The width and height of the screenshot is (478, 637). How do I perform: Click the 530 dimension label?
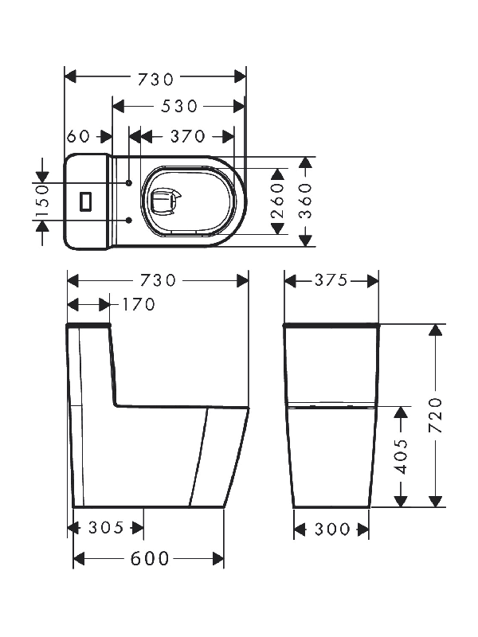(x=179, y=107)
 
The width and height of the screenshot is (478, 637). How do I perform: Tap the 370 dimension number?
(x=188, y=136)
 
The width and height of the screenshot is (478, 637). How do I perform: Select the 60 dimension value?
(x=78, y=136)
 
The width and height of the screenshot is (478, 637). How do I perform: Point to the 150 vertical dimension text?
(x=42, y=201)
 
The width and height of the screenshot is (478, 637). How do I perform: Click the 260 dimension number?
(x=277, y=201)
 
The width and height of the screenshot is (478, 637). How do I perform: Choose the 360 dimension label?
(x=306, y=201)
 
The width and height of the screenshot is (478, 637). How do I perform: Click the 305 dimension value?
(x=106, y=528)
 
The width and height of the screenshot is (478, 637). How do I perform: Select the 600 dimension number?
(x=150, y=559)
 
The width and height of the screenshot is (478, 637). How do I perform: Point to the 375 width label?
(x=331, y=280)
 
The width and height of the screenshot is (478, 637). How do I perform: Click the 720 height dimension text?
(x=436, y=415)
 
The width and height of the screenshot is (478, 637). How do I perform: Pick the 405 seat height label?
(x=402, y=456)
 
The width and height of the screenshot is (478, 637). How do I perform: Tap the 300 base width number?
(x=332, y=530)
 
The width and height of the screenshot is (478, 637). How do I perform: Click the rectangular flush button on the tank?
(x=86, y=201)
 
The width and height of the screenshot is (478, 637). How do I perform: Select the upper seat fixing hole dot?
(x=129, y=183)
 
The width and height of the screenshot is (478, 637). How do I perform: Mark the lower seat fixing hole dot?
(x=129, y=221)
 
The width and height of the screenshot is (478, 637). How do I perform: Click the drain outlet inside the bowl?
(x=165, y=201)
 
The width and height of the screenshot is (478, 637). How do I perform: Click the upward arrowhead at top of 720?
(x=435, y=330)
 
